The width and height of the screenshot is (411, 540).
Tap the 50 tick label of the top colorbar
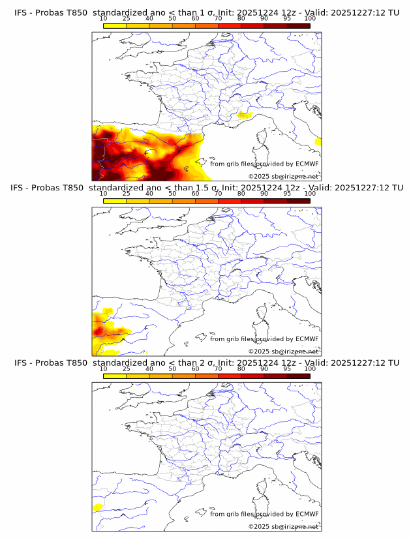click(172, 19)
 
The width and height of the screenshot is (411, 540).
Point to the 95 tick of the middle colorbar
click(287, 194)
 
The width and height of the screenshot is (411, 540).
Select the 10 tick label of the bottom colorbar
click(104, 368)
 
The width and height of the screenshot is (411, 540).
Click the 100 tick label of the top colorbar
click(310, 19)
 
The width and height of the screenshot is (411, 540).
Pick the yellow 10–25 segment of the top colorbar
click(115, 25)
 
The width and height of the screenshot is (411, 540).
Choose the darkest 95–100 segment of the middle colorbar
click(298, 200)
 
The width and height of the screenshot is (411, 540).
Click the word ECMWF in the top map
click(307, 164)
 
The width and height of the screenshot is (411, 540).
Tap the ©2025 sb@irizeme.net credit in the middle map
click(283, 352)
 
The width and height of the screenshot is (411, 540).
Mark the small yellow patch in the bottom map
click(99, 507)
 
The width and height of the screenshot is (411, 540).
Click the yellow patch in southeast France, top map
click(245, 116)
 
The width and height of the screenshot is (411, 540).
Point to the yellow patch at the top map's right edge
click(318, 141)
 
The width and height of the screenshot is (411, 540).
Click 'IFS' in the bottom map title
click(21, 363)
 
